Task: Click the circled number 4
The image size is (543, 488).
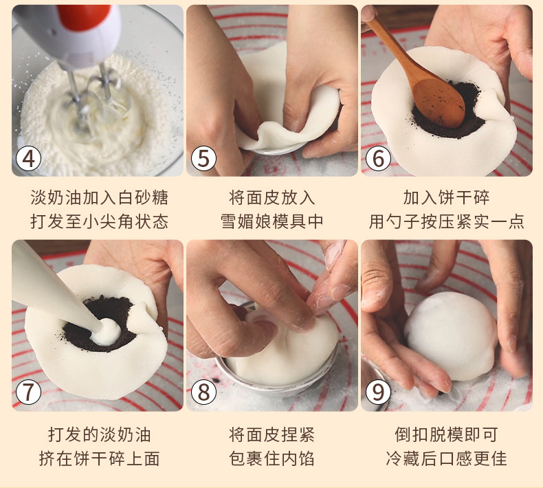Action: coord(28,159)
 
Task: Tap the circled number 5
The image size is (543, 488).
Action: coord(203,159)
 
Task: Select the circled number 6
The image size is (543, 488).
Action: coord(378,159)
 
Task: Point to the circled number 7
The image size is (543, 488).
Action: coord(28,392)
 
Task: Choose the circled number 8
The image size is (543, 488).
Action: coord(203,392)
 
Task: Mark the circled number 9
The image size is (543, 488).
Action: coord(378,392)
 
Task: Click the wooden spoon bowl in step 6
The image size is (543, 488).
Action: coord(439,103)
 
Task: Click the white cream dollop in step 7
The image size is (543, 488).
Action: coord(106,333)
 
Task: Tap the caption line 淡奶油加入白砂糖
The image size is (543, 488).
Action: coord(99,198)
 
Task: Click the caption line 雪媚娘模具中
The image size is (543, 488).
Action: coord(272,221)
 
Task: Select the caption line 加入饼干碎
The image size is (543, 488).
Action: coord(446,198)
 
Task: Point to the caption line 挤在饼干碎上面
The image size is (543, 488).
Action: coord(99,458)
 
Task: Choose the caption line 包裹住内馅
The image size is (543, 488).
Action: coord(272,458)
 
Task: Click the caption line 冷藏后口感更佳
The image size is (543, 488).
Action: coord(446,458)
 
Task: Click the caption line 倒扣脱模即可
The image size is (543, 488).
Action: coord(446,435)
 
